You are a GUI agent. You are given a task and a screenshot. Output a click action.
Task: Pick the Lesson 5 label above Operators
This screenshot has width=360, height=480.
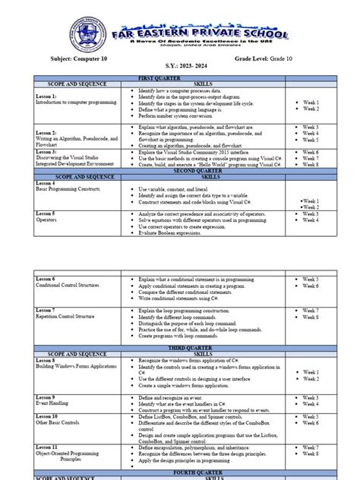(46, 214)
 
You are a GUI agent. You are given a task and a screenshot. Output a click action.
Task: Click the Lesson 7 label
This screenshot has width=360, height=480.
(46, 311)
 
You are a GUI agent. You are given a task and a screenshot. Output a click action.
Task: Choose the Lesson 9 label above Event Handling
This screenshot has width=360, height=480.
(46, 397)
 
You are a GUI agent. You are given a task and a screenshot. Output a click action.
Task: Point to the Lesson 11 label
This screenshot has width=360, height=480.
(48, 448)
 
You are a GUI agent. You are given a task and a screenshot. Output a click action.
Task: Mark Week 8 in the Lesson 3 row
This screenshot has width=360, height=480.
(312, 163)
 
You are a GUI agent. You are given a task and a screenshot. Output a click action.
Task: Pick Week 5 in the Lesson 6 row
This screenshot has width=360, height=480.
(312, 279)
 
